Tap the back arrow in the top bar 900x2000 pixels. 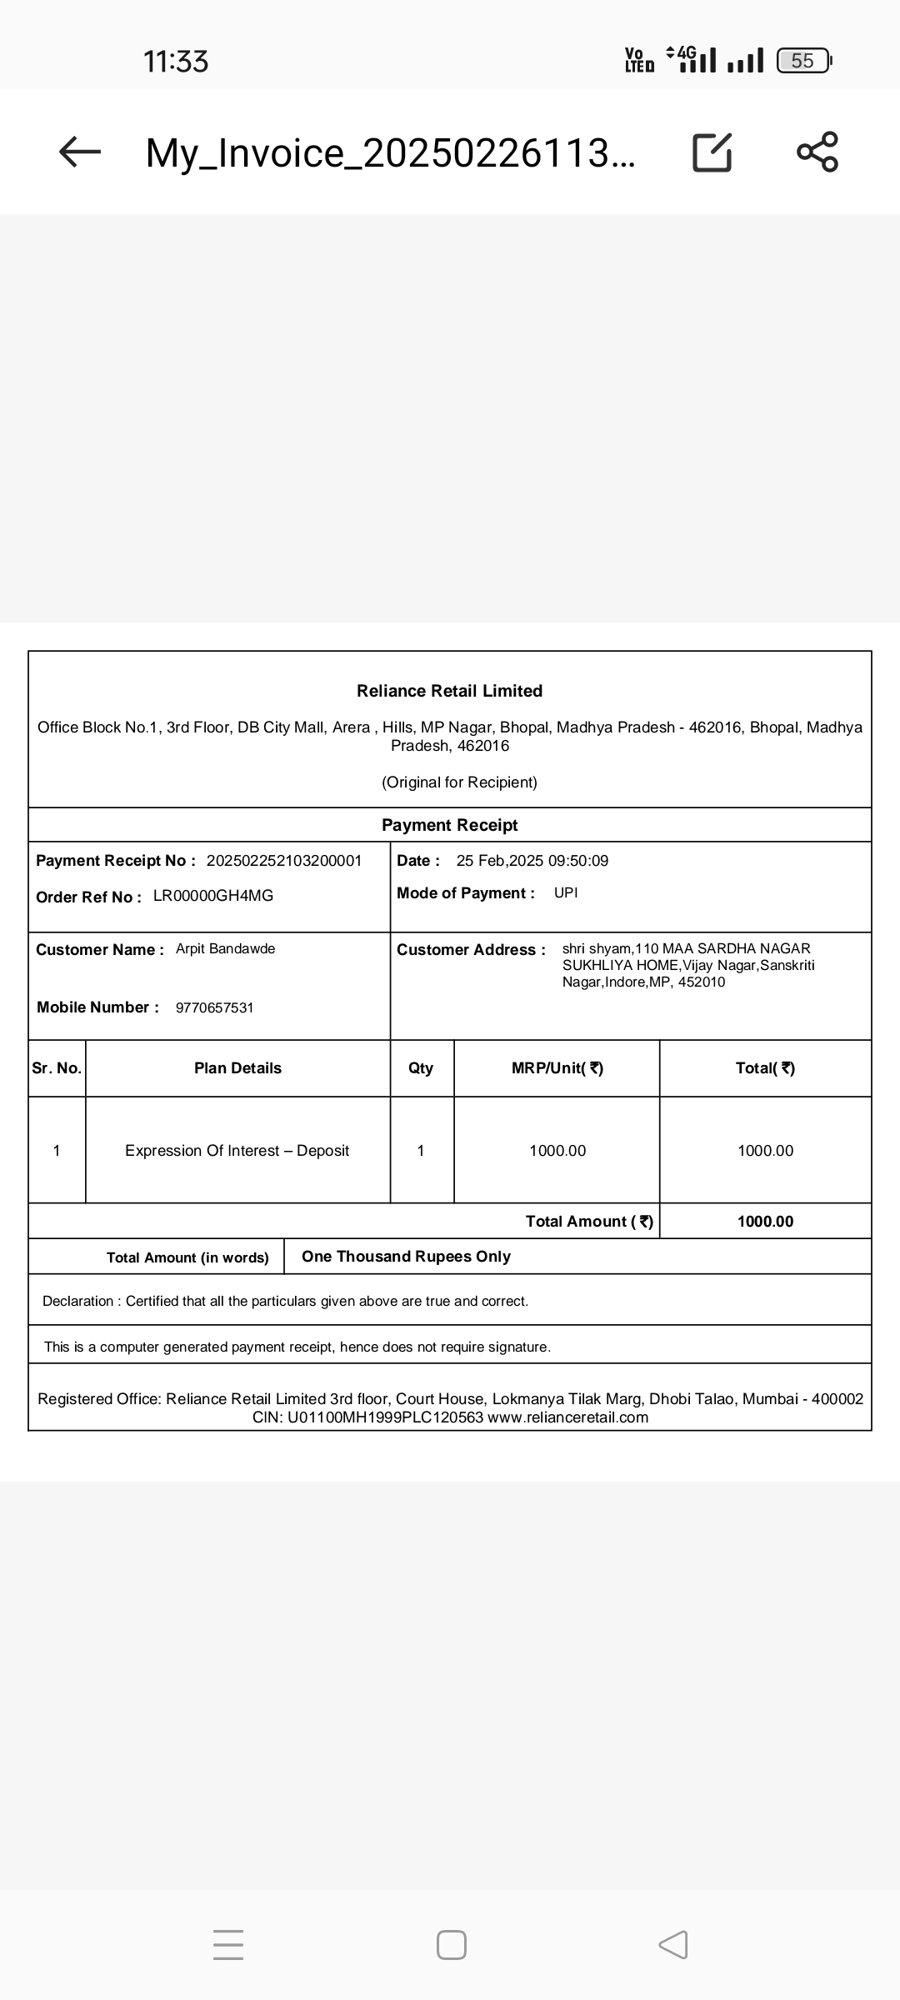tap(80, 152)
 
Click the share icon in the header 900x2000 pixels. tap(817, 152)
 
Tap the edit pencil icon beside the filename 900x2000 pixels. tap(712, 152)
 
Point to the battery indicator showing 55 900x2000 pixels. tap(803, 61)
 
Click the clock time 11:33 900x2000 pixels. tap(176, 62)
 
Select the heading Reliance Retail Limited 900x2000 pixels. tap(449, 691)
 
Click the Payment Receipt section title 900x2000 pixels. tap(449, 825)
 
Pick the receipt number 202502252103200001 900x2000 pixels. tap(284, 861)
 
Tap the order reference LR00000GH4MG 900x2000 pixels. tap(213, 896)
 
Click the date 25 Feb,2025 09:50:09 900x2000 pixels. tap(532, 861)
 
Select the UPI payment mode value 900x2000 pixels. tap(566, 893)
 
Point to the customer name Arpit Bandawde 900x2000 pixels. tap(225, 949)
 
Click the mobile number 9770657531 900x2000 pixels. tap(215, 1008)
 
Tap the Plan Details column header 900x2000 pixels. tap(237, 1068)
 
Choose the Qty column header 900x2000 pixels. tap(421, 1068)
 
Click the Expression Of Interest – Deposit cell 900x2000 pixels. tap(237, 1151)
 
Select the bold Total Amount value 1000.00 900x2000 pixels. tap(765, 1222)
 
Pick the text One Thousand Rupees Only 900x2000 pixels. tap(406, 1257)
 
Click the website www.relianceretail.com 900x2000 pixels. tap(568, 1417)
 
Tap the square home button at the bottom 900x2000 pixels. tap(451, 1945)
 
